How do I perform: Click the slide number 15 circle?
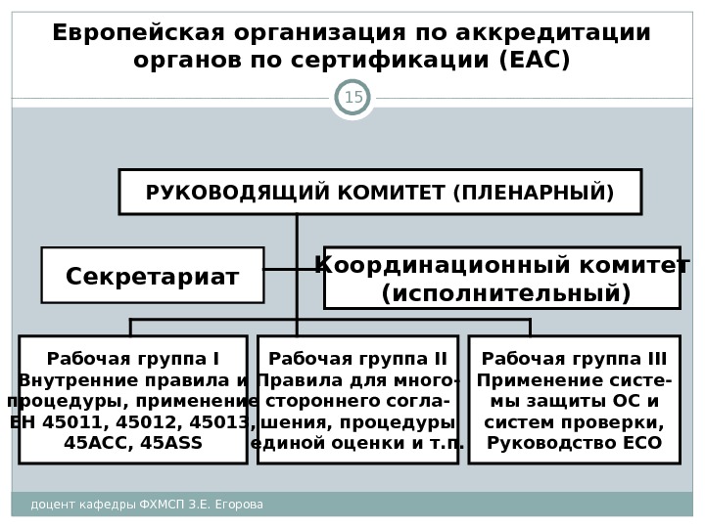click(x=352, y=98)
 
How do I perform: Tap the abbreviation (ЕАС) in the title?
click(x=534, y=61)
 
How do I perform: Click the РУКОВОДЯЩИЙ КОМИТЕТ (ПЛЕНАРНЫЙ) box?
click(x=380, y=192)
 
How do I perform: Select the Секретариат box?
click(x=153, y=276)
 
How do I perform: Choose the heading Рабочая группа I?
click(x=133, y=358)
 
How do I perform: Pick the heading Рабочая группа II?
click(x=357, y=358)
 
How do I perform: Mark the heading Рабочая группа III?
click(x=574, y=358)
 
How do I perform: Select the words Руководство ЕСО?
click(x=574, y=443)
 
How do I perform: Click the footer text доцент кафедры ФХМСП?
click(x=92, y=505)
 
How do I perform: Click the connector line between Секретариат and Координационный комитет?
click(x=294, y=269)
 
